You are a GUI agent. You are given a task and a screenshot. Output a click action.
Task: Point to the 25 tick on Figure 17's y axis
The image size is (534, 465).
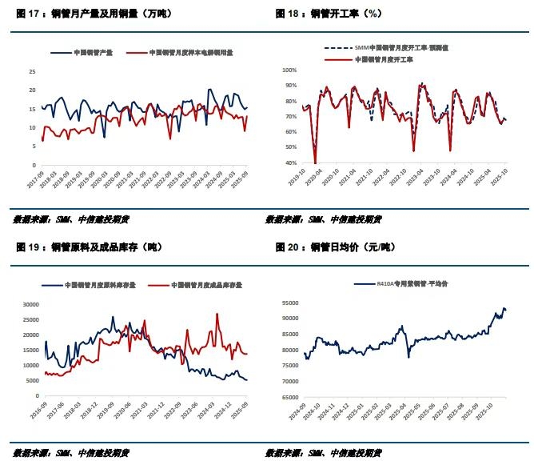32,70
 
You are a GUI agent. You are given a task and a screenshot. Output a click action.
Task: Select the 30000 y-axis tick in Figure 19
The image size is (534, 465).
29,304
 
